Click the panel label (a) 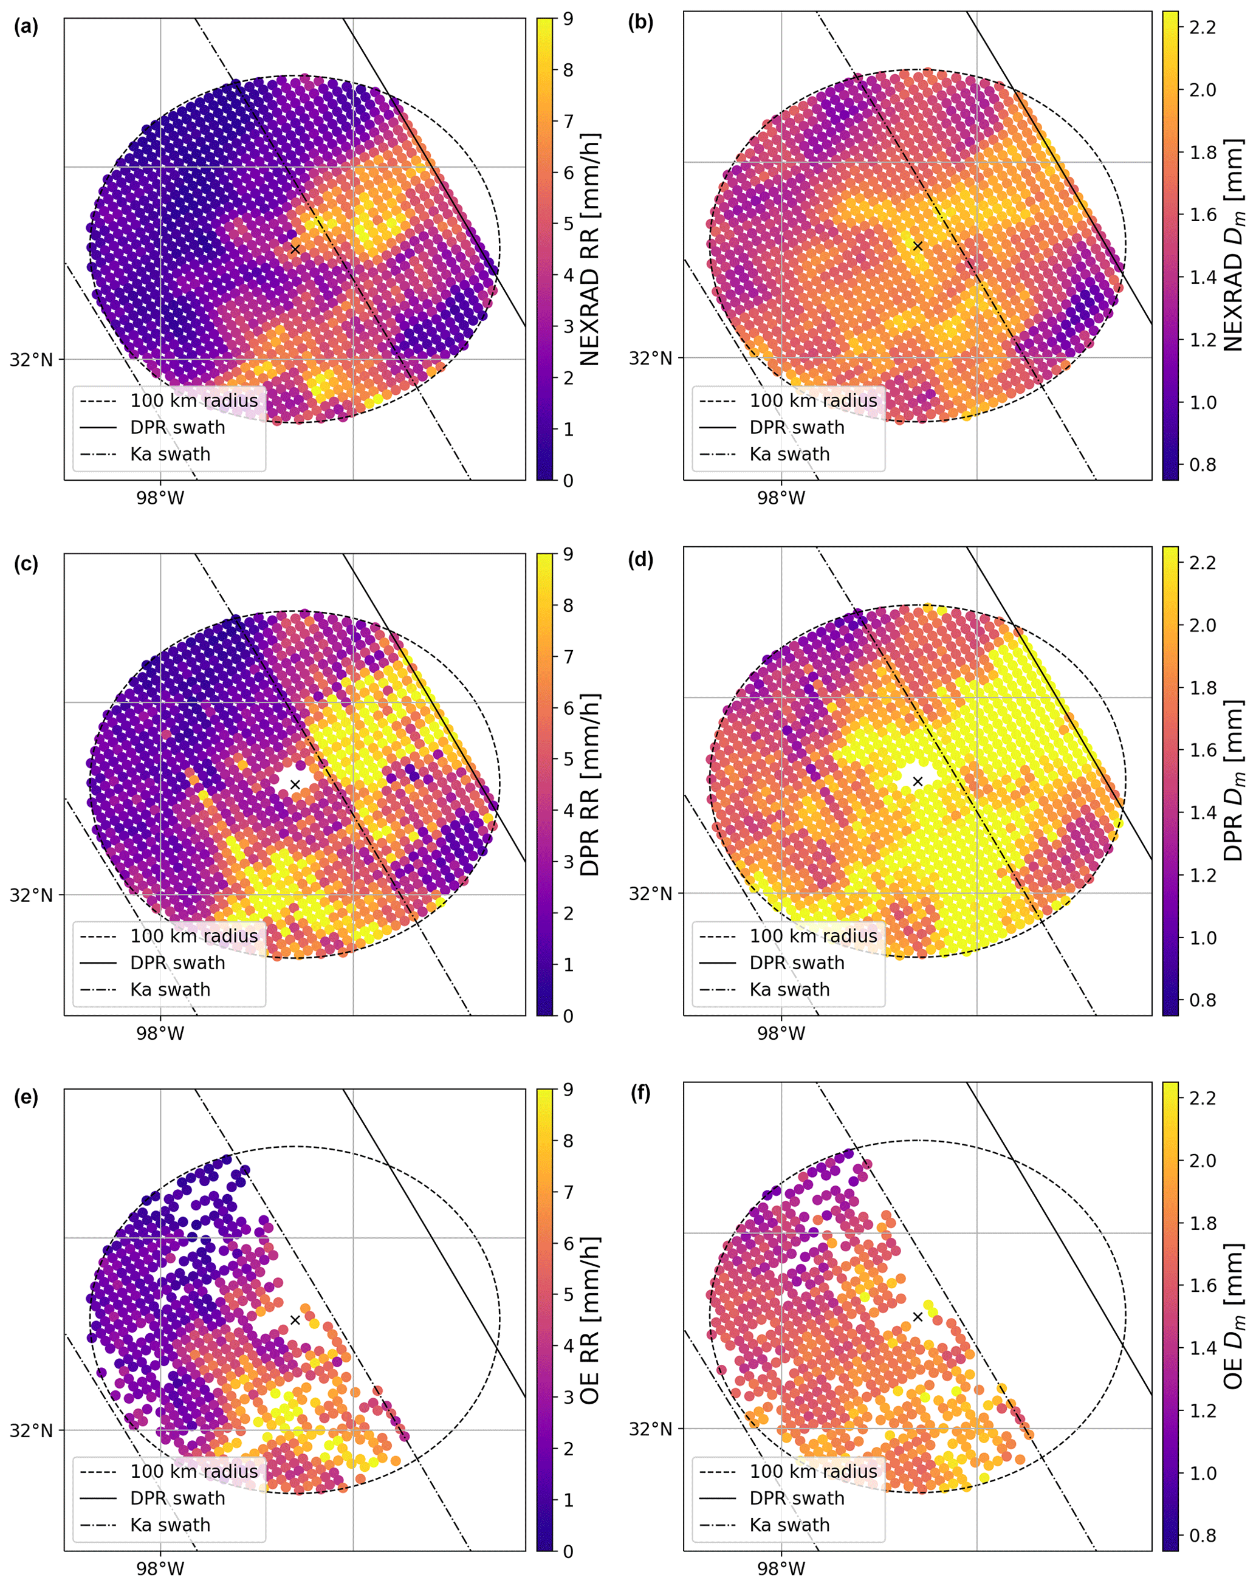pyautogui.click(x=26, y=27)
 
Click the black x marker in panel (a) pyautogui.click(x=295, y=249)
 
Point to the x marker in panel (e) pyautogui.click(x=295, y=1320)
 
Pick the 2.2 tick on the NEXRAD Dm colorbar pyautogui.click(x=1203, y=27)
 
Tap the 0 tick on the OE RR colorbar pyautogui.click(x=568, y=1551)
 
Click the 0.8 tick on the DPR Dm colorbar pyautogui.click(x=1203, y=1000)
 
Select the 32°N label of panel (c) pyautogui.click(x=31, y=895)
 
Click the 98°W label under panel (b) pyautogui.click(x=781, y=498)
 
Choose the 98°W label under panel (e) pyautogui.click(x=160, y=1569)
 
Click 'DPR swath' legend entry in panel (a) pyautogui.click(x=177, y=427)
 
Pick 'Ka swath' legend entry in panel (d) pyautogui.click(x=789, y=990)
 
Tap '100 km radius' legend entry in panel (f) pyautogui.click(x=813, y=1471)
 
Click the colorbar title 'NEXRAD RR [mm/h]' pyautogui.click(x=590, y=249)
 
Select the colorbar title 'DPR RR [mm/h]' pyautogui.click(x=590, y=784)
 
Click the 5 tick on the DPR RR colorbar pyautogui.click(x=568, y=759)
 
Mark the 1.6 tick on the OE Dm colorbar pyautogui.click(x=1203, y=1285)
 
